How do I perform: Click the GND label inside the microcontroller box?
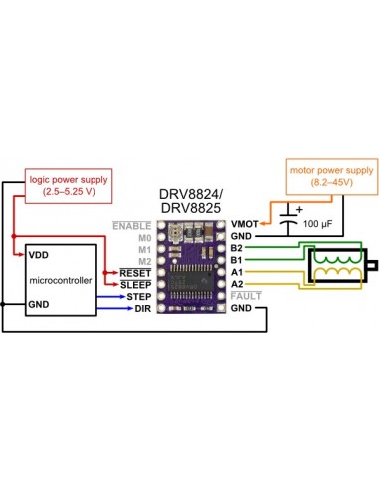(39, 277)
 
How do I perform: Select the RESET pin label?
(134, 272)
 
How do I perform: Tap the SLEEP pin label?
(135, 284)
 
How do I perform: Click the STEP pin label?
(137, 296)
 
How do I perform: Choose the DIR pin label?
(141, 308)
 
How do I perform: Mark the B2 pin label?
(236, 248)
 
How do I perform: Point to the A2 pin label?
(236, 284)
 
